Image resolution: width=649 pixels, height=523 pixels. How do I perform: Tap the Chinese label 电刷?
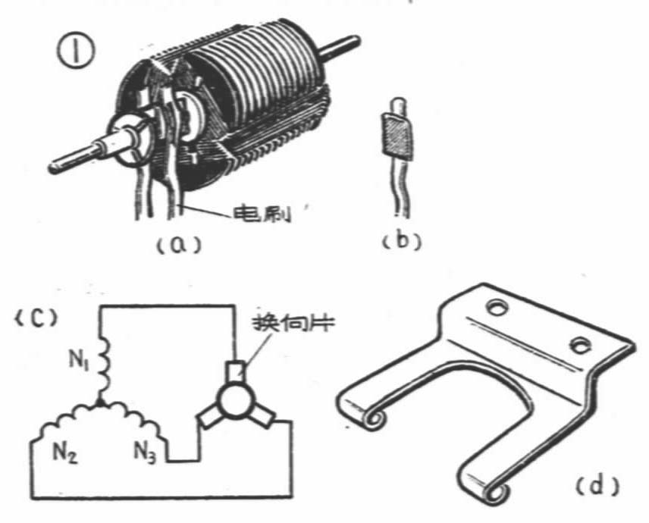click(x=262, y=214)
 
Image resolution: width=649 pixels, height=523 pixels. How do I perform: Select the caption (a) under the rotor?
click(x=179, y=245)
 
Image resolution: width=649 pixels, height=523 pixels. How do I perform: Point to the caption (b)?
click(x=402, y=241)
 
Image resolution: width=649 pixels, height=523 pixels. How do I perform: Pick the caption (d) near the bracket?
click(x=597, y=485)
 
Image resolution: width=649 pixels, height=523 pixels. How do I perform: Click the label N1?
click(x=79, y=362)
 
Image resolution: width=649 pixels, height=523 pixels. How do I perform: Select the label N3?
click(x=145, y=453)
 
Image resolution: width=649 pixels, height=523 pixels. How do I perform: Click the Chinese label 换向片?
click(x=294, y=323)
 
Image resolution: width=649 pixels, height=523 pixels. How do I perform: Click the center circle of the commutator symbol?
click(x=234, y=400)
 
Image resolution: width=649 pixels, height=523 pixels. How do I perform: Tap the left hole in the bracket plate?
click(x=496, y=307)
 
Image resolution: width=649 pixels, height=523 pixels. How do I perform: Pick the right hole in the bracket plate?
click(x=579, y=345)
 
